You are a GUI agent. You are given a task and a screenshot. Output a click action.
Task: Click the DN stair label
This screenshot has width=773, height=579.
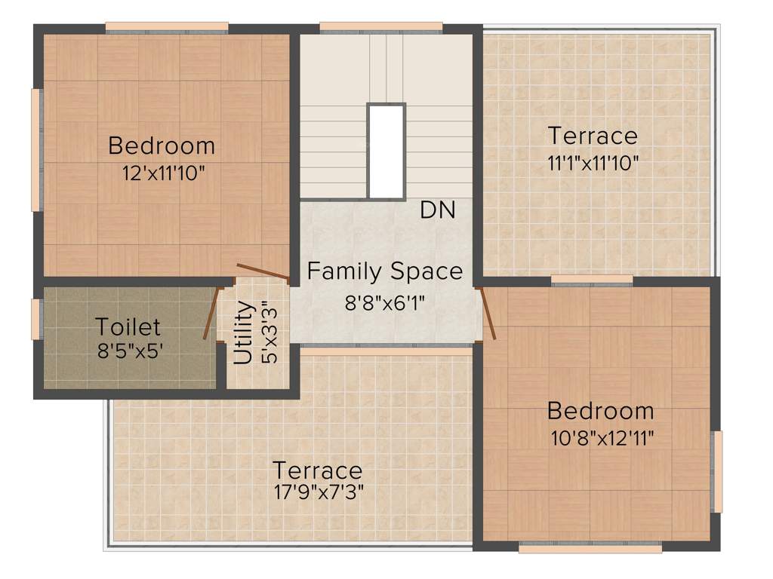click(438, 210)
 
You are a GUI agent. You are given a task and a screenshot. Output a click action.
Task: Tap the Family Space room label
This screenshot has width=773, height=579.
click(384, 271)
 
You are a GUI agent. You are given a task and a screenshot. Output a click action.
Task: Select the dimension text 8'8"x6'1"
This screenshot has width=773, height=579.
click(385, 304)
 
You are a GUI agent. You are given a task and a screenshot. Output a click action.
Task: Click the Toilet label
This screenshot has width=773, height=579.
click(128, 327)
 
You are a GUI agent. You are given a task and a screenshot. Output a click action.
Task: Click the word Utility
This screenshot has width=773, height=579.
click(243, 332)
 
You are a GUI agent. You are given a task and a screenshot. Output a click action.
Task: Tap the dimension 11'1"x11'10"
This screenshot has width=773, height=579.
click(593, 163)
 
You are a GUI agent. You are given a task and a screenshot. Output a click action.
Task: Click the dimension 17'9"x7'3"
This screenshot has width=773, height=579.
click(317, 492)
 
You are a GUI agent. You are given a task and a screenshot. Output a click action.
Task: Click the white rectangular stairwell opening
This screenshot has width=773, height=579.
click(386, 151)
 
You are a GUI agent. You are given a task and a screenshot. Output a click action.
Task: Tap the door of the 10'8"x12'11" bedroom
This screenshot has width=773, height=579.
click(488, 312)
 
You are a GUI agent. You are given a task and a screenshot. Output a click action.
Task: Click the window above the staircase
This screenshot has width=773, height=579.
click(381, 27)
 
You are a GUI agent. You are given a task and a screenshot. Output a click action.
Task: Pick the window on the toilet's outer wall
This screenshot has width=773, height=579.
click(35, 319)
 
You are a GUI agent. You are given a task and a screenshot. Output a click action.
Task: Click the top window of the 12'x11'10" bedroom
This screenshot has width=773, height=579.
click(166, 27)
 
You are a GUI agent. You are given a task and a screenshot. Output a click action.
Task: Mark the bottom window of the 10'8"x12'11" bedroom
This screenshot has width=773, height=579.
click(590, 548)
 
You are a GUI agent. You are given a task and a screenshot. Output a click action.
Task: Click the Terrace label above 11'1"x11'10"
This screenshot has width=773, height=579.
click(593, 136)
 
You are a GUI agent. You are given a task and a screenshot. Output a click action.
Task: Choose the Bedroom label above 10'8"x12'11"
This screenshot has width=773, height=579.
click(600, 412)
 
